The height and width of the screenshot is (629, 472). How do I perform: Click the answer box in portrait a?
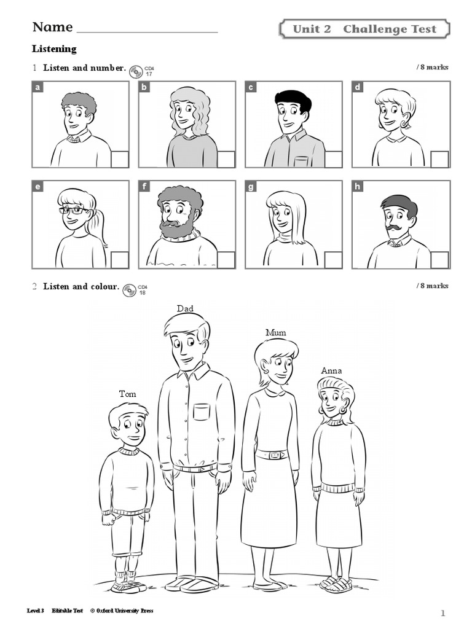(120, 159)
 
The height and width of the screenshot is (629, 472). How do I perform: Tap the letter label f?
(144, 187)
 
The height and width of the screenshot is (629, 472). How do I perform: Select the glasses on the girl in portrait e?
(72, 211)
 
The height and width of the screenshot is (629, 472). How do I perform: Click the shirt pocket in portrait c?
(301, 162)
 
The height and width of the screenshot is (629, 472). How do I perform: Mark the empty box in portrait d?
(439, 159)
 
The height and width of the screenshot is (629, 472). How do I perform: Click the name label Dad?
(185, 308)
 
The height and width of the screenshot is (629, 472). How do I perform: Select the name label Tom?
(128, 394)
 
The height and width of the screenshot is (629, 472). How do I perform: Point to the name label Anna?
(331, 370)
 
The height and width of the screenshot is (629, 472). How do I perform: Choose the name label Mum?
(276, 332)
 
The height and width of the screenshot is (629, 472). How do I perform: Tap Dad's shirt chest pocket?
(202, 412)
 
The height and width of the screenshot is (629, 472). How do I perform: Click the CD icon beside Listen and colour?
(129, 291)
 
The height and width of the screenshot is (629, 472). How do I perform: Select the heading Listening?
(54, 49)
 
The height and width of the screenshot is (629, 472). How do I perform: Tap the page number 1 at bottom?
(442, 613)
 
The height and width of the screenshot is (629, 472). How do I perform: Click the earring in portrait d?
(403, 125)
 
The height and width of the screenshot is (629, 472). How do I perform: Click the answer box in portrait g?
(333, 260)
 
